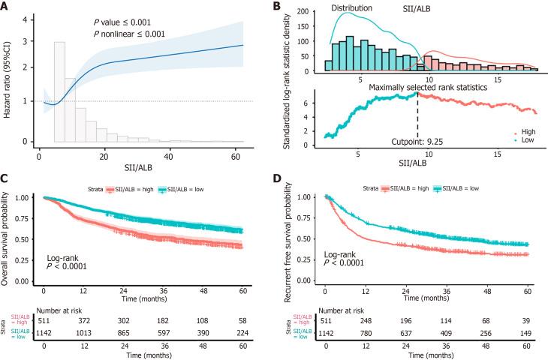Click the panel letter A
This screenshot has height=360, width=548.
click(x=5, y=6)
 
